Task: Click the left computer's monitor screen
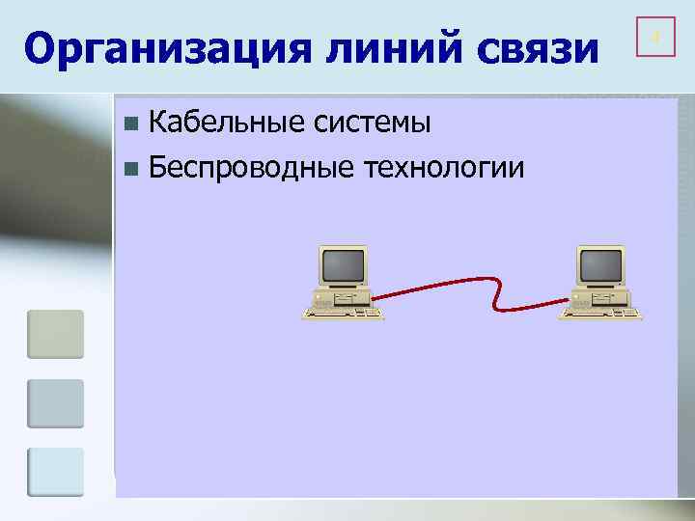343,263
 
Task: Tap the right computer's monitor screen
598,263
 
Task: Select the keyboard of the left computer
343,312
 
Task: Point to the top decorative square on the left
56,334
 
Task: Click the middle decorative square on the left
56,403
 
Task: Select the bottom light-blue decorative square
56,472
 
